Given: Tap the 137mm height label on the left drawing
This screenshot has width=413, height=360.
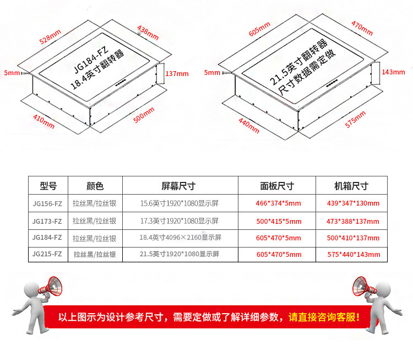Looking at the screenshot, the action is [x=177, y=74].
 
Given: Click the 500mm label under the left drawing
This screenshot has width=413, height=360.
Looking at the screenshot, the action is [x=144, y=117].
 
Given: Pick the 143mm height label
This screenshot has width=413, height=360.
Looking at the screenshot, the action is [x=393, y=72].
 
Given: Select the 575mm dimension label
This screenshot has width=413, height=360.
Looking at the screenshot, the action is [x=355, y=119].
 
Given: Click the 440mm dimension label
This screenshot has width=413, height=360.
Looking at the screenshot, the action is [x=248, y=125].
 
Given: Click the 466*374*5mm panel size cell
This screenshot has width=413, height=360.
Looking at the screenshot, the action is [x=279, y=204].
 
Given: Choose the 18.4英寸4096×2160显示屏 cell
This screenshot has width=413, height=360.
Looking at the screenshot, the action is [x=180, y=238].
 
